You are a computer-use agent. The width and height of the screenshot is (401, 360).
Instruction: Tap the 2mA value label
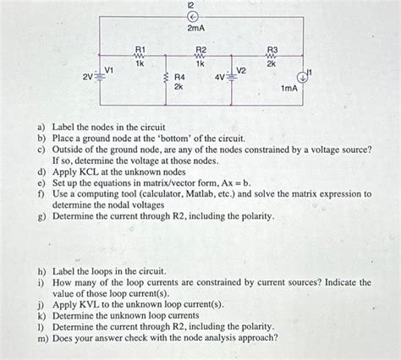[x=194, y=29]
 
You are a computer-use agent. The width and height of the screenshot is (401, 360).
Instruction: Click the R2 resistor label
[x=200, y=51]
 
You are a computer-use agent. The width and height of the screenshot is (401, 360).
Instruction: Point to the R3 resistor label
[x=272, y=51]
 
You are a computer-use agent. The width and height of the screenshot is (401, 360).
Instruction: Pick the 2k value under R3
[x=272, y=64]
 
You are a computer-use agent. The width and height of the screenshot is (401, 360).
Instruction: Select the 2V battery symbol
[x=101, y=77]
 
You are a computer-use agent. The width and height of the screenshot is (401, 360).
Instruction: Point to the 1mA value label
[x=288, y=88]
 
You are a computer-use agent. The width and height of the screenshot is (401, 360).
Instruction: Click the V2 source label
[x=241, y=69]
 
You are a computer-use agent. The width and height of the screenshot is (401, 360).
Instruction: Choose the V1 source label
[x=109, y=69]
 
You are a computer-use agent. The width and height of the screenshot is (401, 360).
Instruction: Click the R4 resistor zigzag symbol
[x=166, y=80]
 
